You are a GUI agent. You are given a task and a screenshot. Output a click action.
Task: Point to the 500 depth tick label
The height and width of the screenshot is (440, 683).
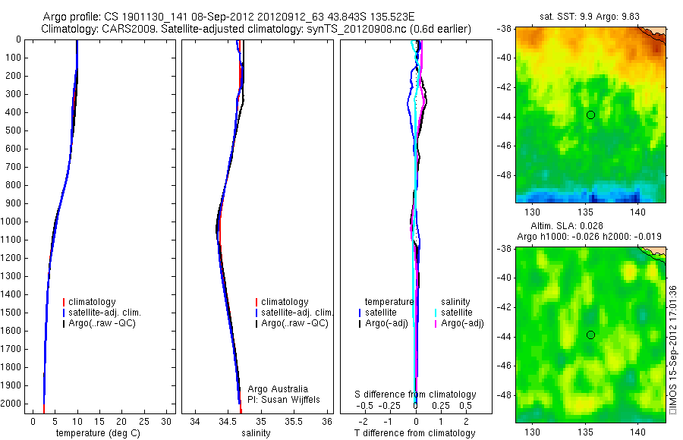point(11,130)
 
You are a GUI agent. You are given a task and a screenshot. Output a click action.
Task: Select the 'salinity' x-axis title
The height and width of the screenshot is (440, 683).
point(256,433)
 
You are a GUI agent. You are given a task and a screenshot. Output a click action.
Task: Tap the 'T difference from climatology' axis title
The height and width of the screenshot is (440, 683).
point(415,433)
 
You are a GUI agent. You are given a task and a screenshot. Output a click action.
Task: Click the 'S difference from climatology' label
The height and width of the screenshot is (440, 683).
point(416,394)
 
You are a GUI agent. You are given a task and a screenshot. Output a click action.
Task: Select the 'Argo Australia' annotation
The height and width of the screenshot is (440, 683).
point(278,389)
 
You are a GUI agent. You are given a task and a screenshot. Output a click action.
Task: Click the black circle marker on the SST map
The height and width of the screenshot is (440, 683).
point(590,115)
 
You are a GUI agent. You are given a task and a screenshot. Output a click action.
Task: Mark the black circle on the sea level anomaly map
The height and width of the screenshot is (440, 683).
point(590,335)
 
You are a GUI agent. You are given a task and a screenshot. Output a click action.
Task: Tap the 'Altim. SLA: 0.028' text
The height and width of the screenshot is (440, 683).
point(591,226)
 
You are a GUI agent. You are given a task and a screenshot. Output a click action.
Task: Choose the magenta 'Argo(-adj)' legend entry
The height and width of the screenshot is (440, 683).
point(462,324)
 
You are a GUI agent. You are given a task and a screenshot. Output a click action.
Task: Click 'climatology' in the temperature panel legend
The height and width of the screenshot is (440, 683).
point(91,302)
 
